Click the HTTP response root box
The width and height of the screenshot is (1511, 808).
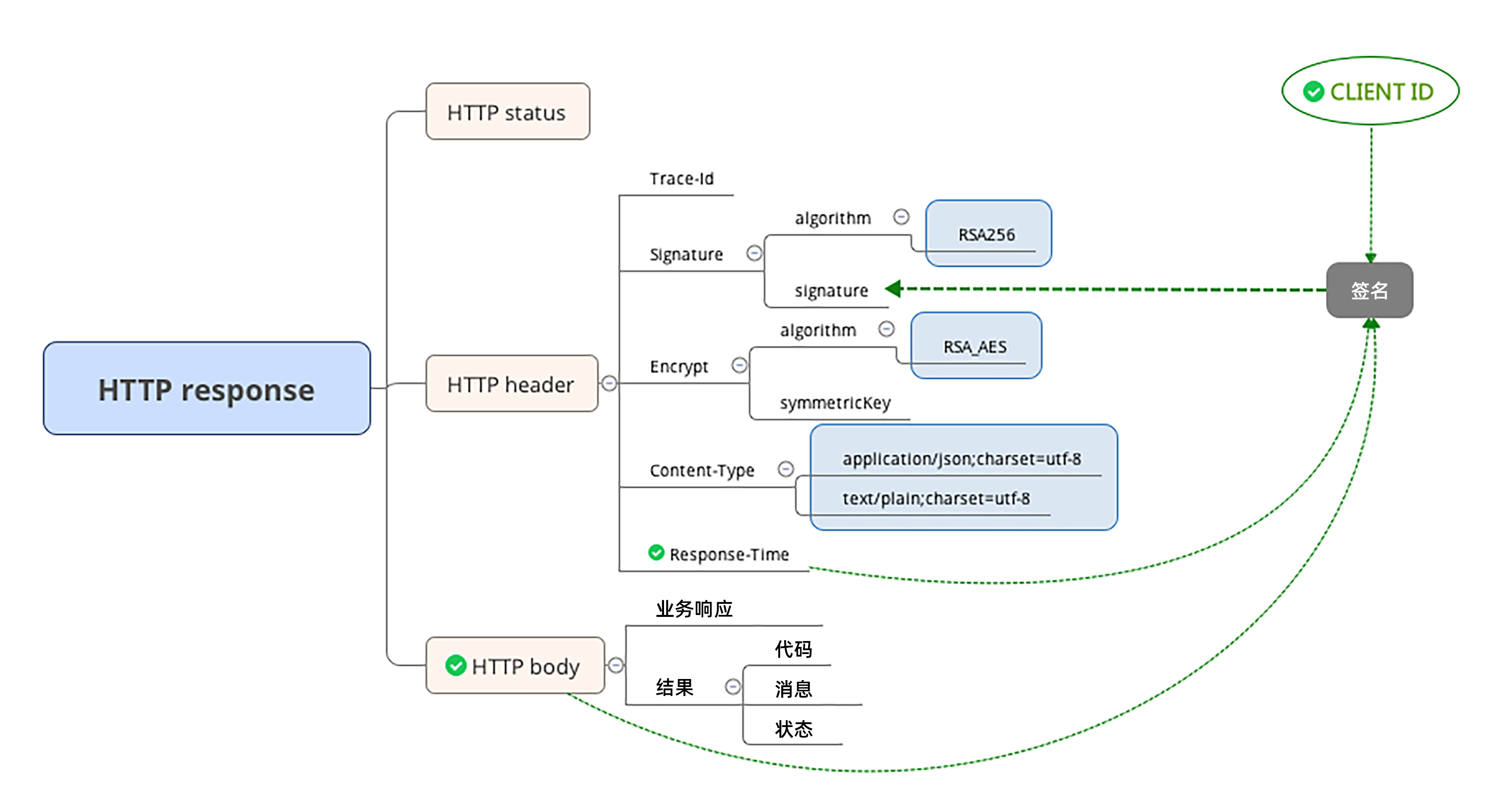(x=206, y=388)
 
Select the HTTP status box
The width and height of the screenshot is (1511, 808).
(x=507, y=112)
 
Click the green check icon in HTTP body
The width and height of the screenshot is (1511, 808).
(x=455, y=666)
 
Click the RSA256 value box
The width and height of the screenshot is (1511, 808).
(x=988, y=233)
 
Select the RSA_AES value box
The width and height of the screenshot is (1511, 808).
(x=976, y=346)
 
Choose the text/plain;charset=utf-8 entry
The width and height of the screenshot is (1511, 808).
(x=936, y=499)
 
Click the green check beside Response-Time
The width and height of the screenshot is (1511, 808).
(x=656, y=552)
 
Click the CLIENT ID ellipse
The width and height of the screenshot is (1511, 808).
(x=1370, y=91)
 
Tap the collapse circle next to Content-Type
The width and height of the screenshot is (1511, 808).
(x=786, y=469)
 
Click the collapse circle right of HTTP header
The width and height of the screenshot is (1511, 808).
(x=609, y=383)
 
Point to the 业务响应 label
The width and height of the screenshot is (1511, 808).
(x=694, y=609)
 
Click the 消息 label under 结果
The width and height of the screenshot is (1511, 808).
(x=793, y=689)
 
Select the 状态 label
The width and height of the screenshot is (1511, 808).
(x=793, y=729)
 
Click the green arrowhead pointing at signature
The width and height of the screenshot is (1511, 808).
(x=893, y=288)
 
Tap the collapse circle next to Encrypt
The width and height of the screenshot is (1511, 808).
(x=739, y=365)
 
